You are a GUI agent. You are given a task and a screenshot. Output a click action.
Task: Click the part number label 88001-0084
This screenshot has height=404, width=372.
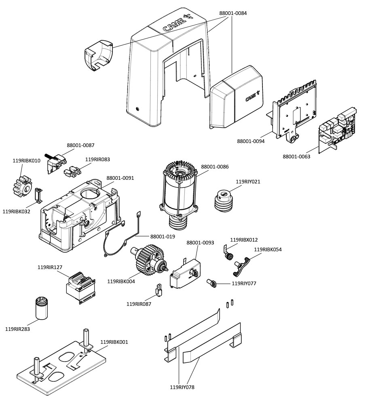point(233,13)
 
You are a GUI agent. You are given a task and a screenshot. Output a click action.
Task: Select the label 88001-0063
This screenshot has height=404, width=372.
point(296,156)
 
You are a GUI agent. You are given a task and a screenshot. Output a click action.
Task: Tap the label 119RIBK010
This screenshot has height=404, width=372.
point(27,160)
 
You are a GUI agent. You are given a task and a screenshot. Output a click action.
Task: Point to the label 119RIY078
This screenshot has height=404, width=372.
point(182,387)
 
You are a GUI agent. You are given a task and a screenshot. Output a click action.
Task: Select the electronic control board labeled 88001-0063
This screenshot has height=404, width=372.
point(338,128)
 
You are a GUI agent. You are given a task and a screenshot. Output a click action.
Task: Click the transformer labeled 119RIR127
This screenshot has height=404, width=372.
point(80,288)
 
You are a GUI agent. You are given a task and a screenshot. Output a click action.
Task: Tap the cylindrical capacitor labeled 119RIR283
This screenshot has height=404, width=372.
point(42,308)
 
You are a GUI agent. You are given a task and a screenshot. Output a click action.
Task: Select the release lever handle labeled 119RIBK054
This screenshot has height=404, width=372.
point(242,266)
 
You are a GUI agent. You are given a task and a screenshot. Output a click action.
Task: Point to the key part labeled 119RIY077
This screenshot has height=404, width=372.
point(212,283)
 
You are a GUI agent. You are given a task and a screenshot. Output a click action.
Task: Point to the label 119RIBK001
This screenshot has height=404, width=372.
point(114,342)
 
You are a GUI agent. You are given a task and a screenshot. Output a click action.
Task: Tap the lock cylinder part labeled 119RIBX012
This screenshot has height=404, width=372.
point(228,253)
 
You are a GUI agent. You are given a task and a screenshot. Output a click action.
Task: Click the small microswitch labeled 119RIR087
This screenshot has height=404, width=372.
point(159,290)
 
